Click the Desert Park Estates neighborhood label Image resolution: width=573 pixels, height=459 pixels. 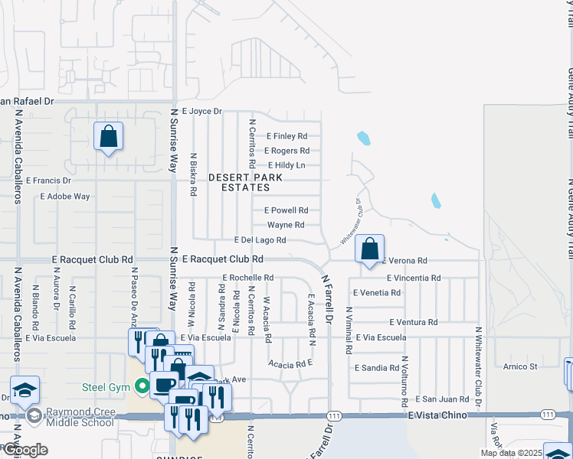246,182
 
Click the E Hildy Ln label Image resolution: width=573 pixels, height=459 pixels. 286,165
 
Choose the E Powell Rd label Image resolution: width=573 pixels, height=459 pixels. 286,210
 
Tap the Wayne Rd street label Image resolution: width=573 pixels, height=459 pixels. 286,225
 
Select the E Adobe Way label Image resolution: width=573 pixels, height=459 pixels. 65,197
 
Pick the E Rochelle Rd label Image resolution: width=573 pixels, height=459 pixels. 247,278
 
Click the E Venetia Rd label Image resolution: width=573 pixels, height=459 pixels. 376,292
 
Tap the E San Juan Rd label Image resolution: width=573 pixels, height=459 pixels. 442,399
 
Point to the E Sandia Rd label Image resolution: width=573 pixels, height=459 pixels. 377,368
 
